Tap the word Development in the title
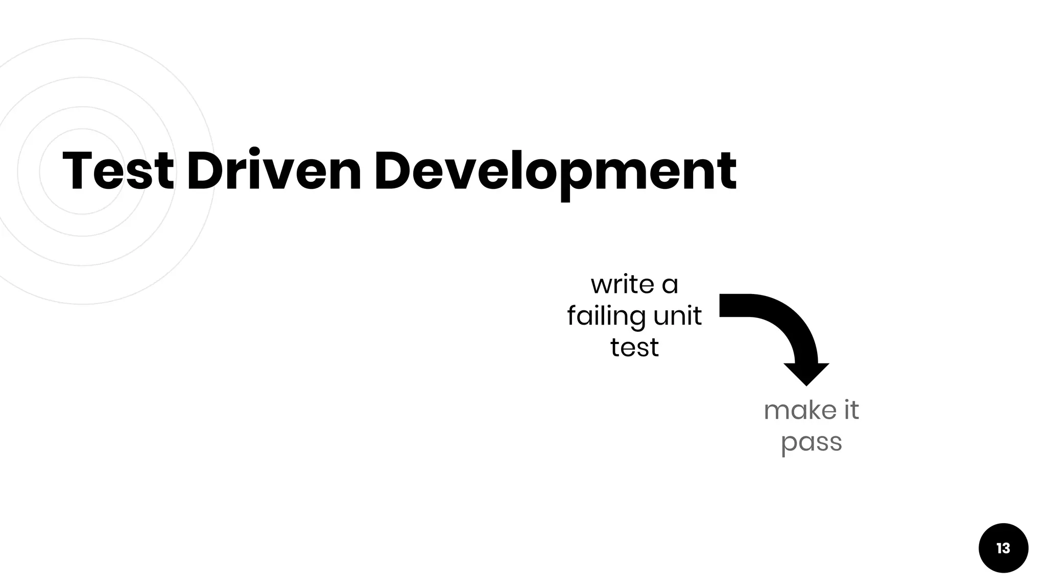555,171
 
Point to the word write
623,284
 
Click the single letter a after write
670,285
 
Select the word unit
677,316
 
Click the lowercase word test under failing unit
634,348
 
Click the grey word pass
811,443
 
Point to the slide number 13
1003,548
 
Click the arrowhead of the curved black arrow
806,374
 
